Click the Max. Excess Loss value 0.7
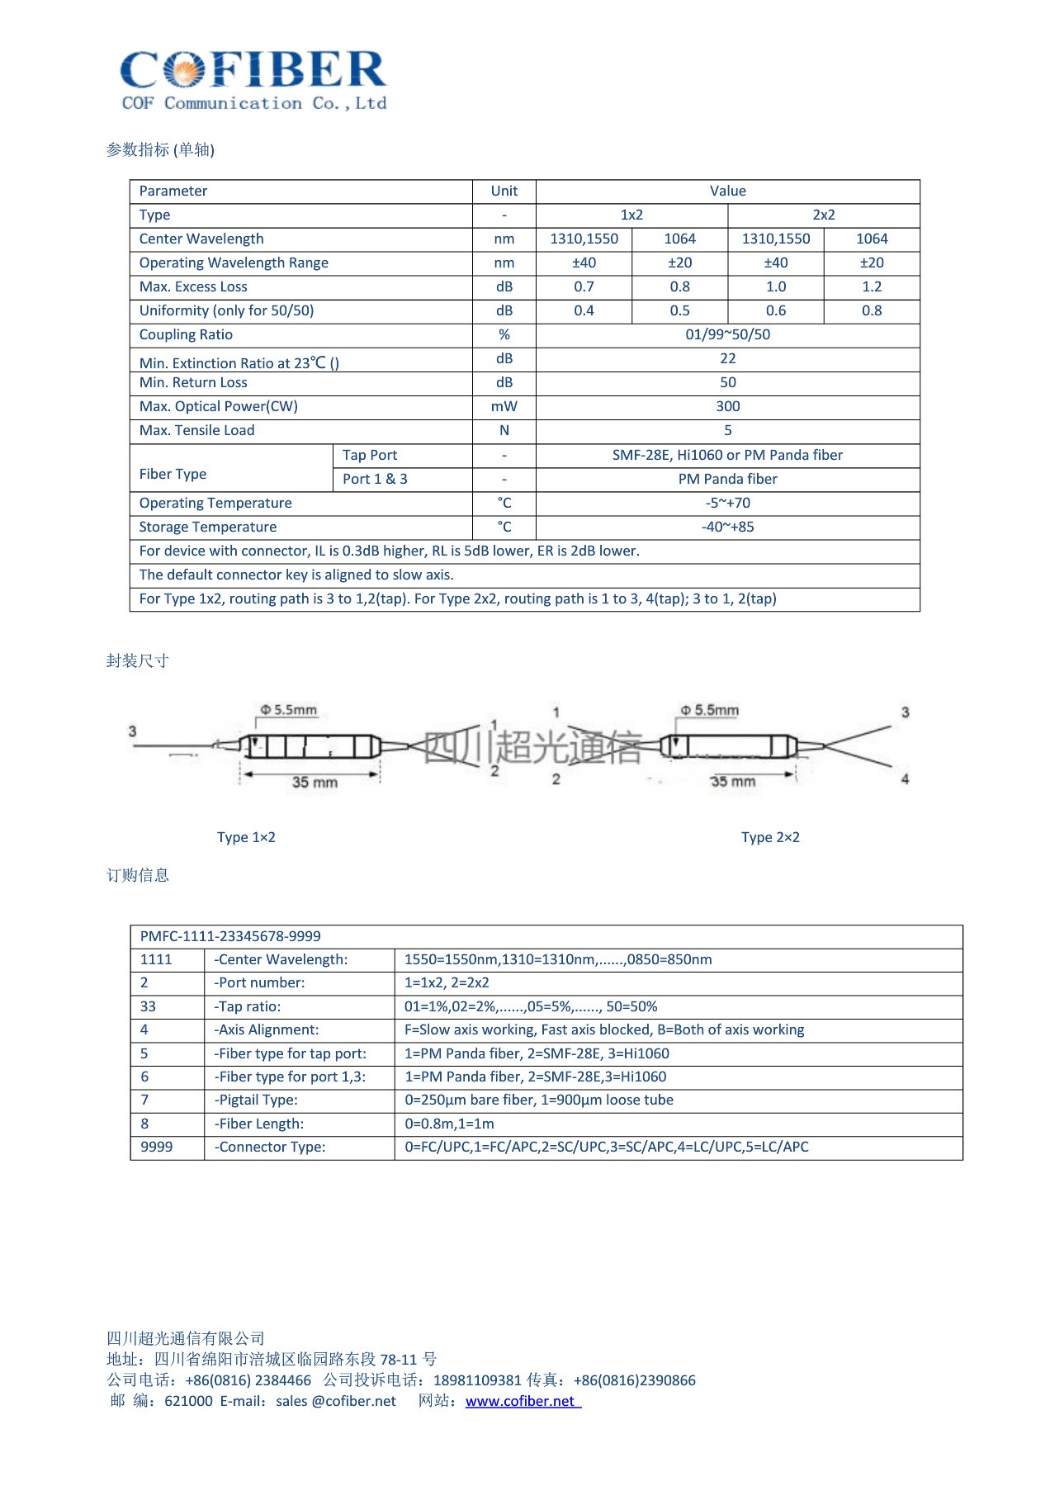[x=584, y=286]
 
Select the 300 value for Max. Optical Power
[x=727, y=406]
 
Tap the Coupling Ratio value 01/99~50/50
[x=727, y=334]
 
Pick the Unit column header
[x=504, y=191]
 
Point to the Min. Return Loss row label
[x=193, y=382]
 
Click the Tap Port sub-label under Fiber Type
[x=370, y=455]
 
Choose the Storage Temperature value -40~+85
[x=727, y=527]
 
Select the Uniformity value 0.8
[x=872, y=310]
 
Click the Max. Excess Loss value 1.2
[x=872, y=286]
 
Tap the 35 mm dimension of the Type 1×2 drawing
[x=315, y=782]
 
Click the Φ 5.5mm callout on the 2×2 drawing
[x=709, y=710]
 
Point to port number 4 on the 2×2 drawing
[x=905, y=778]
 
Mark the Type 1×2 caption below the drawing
[x=246, y=837]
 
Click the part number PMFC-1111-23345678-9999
[x=230, y=936]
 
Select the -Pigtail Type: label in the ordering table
[x=257, y=1100]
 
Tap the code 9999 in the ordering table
[x=157, y=1147]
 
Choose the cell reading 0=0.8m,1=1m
[x=449, y=1124]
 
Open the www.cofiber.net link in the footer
[x=521, y=1401]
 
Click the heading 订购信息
[x=138, y=875]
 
